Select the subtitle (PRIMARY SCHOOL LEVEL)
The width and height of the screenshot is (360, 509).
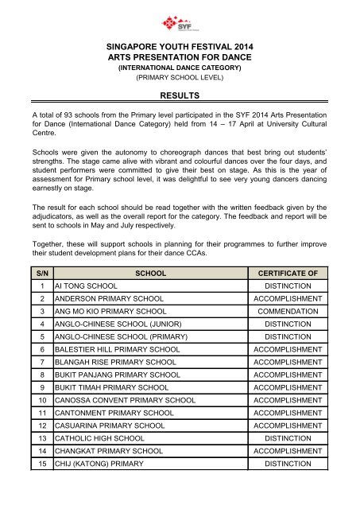coord(180,80)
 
